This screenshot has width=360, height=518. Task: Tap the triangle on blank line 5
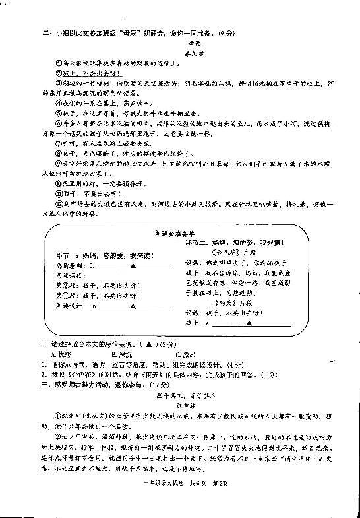[133, 265]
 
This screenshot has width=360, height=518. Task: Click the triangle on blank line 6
[133, 306]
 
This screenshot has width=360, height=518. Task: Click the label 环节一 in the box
[63, 254]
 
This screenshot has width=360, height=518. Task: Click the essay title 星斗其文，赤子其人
[179, 395]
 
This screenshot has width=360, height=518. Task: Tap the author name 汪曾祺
[179, 406]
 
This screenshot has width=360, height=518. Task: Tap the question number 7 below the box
[44, 375]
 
